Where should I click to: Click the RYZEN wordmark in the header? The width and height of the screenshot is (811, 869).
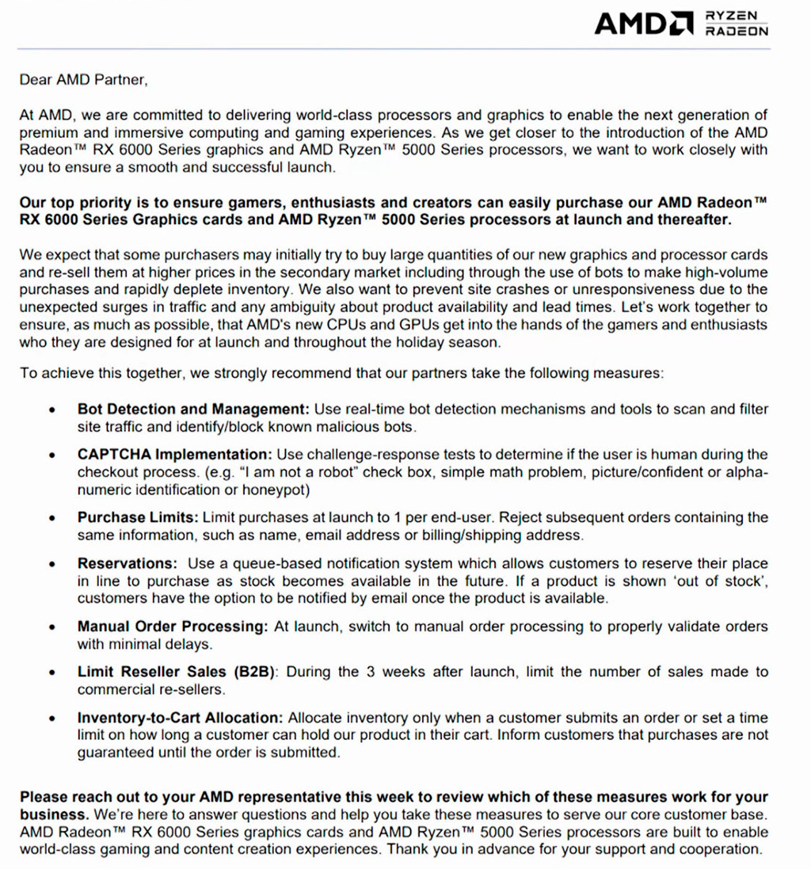point(735,15)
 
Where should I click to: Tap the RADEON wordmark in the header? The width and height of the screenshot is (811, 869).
point(737,32)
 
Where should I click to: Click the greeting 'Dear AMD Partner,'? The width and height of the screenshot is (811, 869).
point(83,79)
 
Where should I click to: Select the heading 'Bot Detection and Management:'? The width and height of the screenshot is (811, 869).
point(192,410)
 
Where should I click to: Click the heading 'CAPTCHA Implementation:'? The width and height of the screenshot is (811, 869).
point(174,455)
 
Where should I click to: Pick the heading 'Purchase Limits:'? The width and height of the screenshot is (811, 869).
point(138,518)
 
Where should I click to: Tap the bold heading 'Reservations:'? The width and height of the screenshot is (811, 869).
point(127,564)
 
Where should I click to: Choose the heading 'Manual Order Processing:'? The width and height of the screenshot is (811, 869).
point(173,627)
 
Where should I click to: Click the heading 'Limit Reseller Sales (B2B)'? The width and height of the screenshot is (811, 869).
point(176,673)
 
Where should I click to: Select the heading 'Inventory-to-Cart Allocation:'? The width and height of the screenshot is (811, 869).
point(180,718)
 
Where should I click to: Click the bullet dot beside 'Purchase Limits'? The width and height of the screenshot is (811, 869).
point(52,519)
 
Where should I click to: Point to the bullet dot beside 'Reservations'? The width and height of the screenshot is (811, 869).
point(52,565)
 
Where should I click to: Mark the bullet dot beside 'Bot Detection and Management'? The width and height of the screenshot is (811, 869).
point(52,410)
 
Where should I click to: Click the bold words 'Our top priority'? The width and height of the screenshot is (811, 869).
point(70,203)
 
